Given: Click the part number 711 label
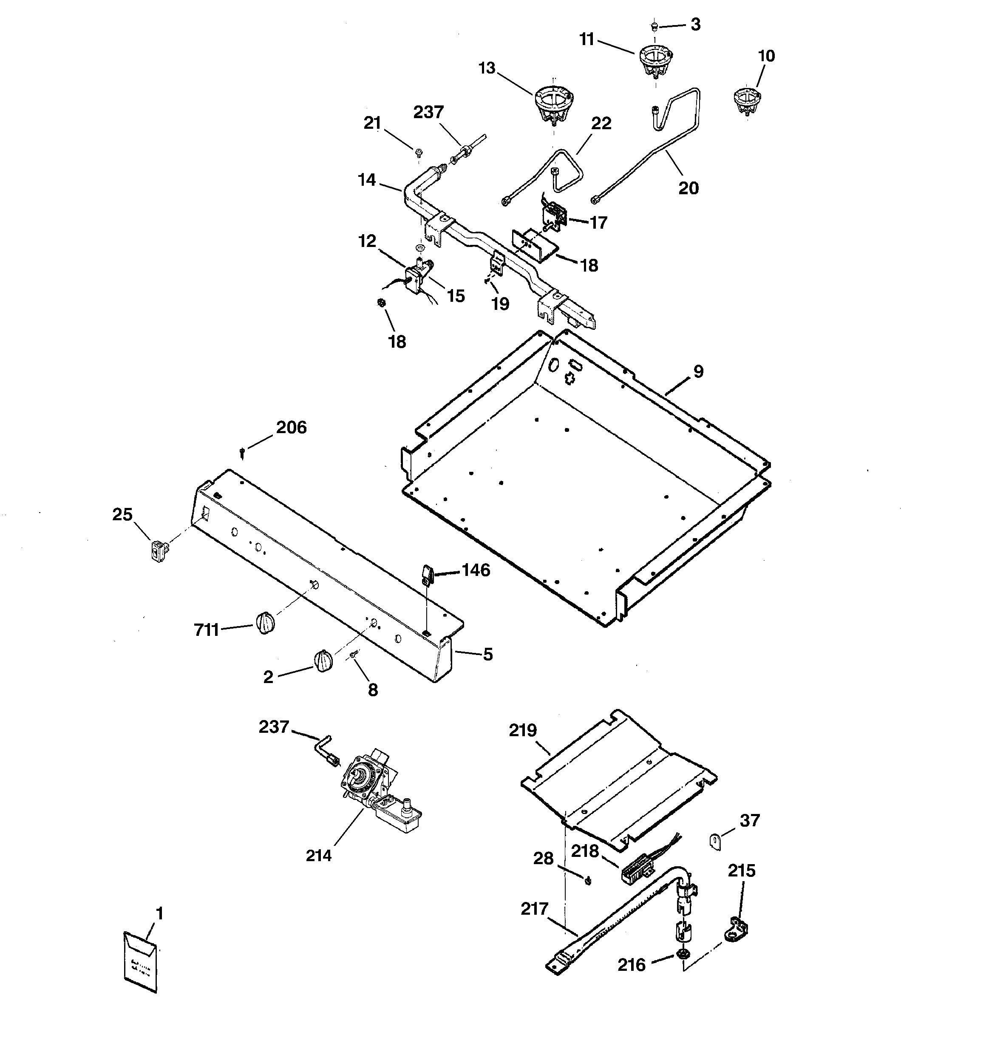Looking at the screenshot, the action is tap(207, 630).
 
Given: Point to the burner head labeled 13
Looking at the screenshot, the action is tap(554, 106).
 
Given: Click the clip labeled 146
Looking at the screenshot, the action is tap(428, 575).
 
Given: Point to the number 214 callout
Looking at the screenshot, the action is tap(319, 855).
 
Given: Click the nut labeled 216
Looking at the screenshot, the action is tap(683, 955).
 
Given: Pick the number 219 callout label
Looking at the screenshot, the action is tap(523, 730).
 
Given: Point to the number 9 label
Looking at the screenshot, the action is tap(699, 371).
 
